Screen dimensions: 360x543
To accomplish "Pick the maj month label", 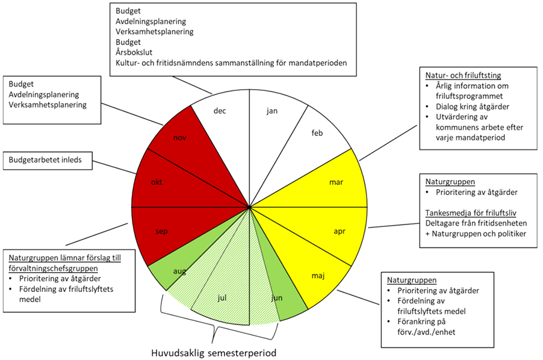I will (x=318, y=276).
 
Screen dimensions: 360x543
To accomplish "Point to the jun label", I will (x=276, y=298).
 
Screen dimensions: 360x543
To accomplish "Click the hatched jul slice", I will (x=222, y=297).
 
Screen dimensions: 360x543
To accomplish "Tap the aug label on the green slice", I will (x=179, y=272).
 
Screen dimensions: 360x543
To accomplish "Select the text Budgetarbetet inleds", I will (x=49, y=160).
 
